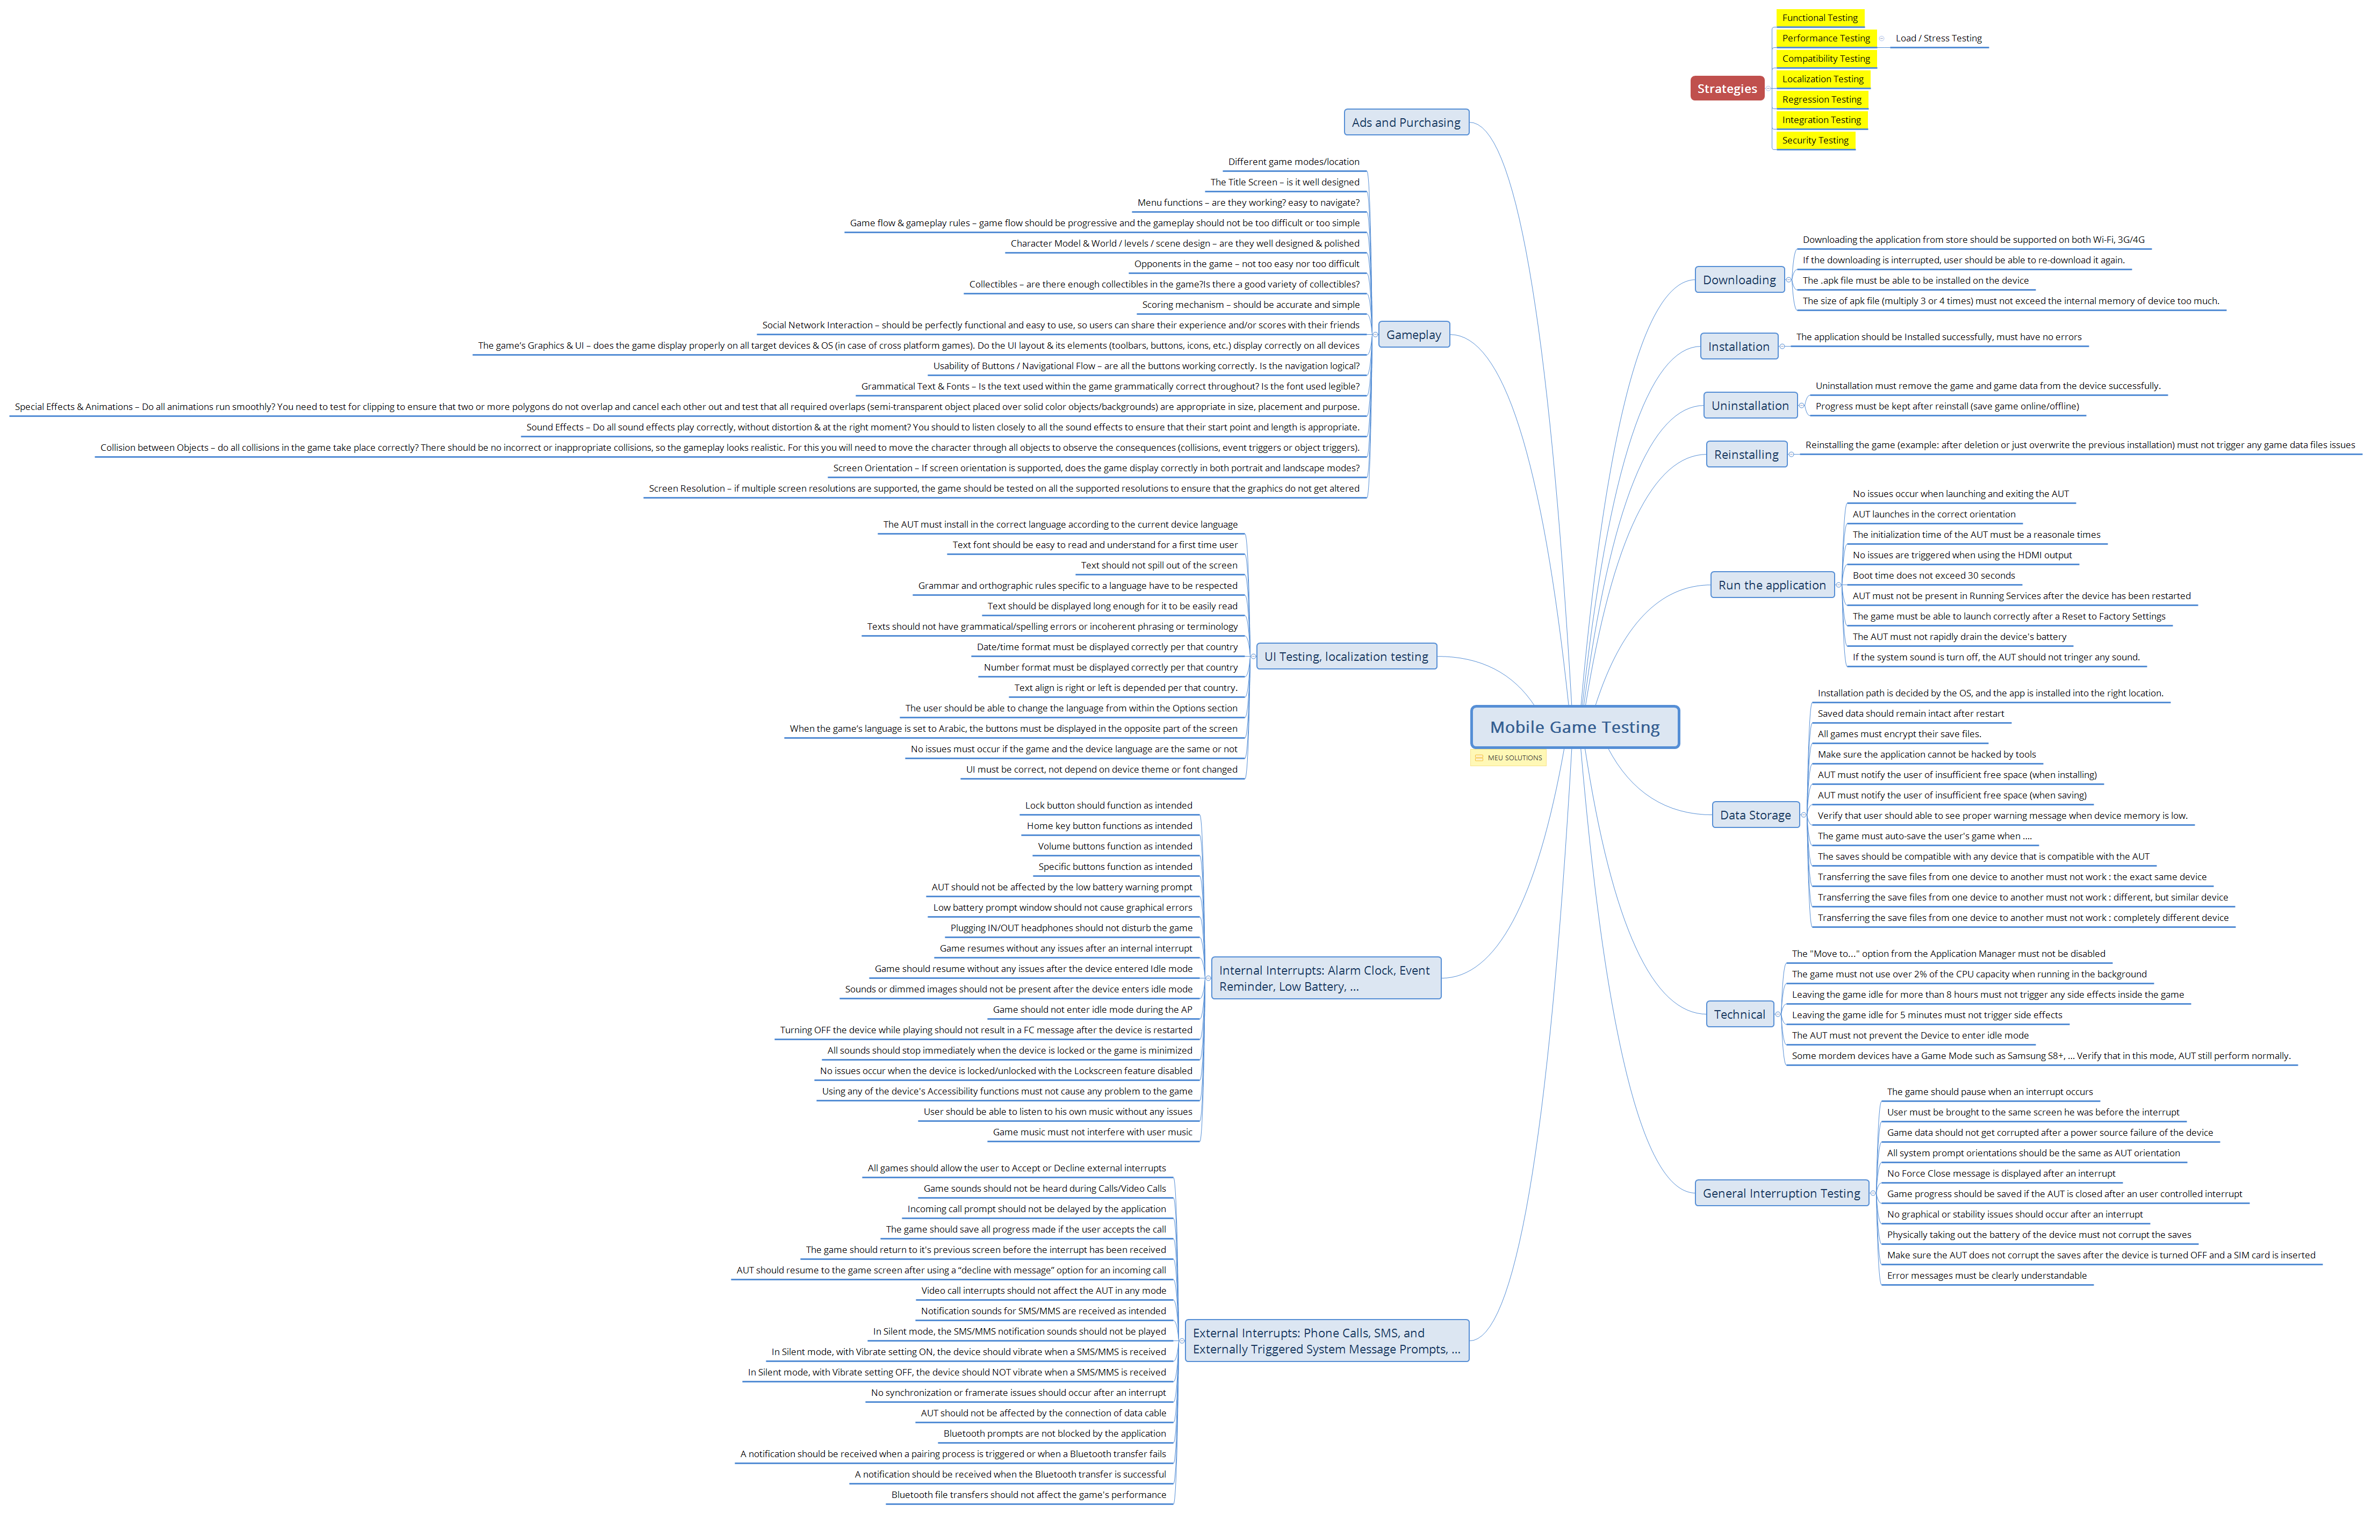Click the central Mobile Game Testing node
coord(1574,727)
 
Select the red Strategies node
coord(1727,89)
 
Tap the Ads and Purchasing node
coord(1406,122)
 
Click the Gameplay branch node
coord(1413,335)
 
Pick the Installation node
coord(1738,347)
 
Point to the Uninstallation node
coord(1750,406)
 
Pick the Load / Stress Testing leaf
coord(1938,39)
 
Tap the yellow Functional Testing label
coord(1820,18)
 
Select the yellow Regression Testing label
coord(1821,99)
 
